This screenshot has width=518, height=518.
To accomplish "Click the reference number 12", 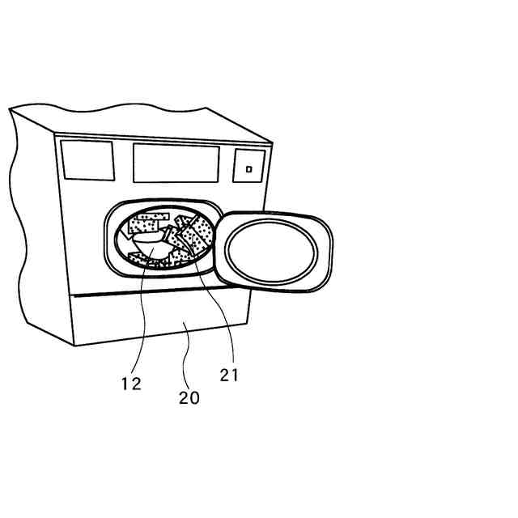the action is coord(131,384).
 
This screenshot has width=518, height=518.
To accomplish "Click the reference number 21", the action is coord(229,375).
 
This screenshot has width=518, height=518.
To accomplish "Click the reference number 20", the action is coord(189,398).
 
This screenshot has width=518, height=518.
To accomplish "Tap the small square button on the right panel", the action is coord(249,169).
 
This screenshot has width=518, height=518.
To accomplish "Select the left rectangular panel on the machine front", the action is coord(87,159).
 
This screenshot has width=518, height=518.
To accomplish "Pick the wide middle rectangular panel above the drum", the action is coord(176,163).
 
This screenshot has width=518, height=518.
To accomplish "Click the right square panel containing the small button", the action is coord(249,166).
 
